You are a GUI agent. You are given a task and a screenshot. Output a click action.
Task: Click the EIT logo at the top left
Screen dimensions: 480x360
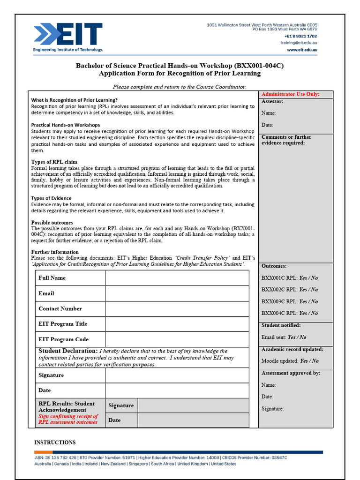pyautogui.click(x=68, y=37)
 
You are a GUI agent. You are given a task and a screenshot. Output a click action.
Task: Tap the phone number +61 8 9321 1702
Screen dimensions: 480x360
pyautogui.click(x=300, y=36)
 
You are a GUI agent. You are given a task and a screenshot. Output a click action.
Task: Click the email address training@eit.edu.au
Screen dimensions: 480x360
pyautogui.click(x=299, y=43)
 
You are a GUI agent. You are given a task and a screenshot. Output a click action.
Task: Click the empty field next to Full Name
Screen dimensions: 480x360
pyautogui.click(x=177, y=278)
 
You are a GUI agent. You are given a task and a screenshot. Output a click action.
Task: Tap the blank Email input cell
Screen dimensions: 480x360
pyautogui.click(x=177, y=293)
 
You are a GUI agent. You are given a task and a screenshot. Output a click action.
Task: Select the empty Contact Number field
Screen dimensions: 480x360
pyautogui.click(x=177, y=309)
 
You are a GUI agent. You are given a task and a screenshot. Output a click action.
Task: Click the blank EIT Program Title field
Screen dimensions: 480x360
pyautogui.click(x=177, y=324)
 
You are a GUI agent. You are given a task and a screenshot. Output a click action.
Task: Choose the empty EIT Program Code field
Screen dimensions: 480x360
pyautogui.click(x=177, y=339)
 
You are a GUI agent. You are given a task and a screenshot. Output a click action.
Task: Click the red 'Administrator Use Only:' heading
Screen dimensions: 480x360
pyautogui.click(x=290, y=94)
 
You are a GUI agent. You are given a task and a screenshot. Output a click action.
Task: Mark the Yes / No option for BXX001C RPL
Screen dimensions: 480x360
pyautogui.click(x=308, y=277)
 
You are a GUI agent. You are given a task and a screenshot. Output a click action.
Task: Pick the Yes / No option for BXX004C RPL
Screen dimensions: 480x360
pyautogui.click(x=308, y=313)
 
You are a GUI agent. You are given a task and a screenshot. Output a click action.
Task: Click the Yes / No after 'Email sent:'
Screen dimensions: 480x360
pyautogui.click(x=297, y=337)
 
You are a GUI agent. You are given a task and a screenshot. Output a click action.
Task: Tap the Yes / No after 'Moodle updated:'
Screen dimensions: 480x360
pyautogui.click(x=309, y=361)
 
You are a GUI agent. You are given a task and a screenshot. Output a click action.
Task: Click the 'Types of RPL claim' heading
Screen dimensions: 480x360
pyautogui.click(x=54, y=162)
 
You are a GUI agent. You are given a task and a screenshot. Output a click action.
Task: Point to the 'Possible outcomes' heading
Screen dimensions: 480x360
pyautogui.click(x=52, y=223)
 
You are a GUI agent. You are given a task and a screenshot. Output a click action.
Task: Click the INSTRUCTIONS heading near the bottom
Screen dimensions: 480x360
pyautogui.click(x=55, y=442)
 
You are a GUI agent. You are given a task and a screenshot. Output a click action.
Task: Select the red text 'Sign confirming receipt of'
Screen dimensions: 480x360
pyautogui.click(x=68, y=416)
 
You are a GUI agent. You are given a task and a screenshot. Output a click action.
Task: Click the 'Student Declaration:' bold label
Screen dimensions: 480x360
pyautogui.click(x=67, y=351)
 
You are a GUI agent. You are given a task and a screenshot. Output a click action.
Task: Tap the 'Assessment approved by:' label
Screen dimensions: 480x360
pyautogui.click(x=291, y=373)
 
